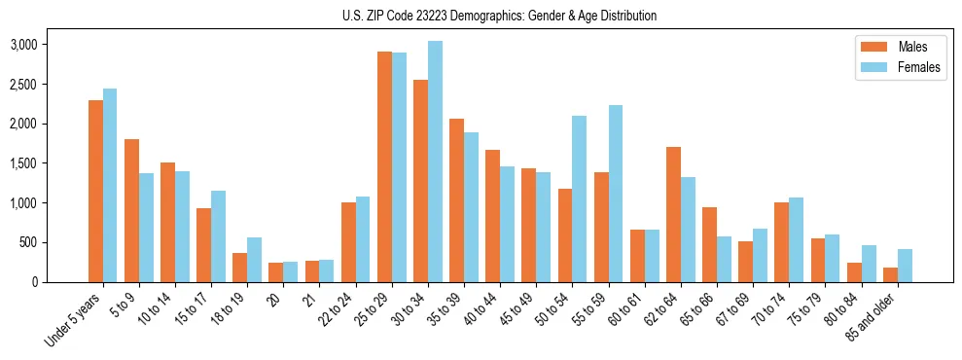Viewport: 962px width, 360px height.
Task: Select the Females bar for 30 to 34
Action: click(435, 162)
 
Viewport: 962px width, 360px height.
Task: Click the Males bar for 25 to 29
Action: click(384, 166)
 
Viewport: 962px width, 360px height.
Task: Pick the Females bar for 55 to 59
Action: click(616, 194)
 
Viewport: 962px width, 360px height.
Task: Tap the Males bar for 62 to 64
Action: click(673, 214)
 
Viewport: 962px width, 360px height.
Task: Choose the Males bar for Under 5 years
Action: click(95, 191)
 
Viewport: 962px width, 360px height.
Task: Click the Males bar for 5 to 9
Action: click(131, 210)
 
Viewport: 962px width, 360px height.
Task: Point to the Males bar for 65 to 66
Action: click(709, 244)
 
